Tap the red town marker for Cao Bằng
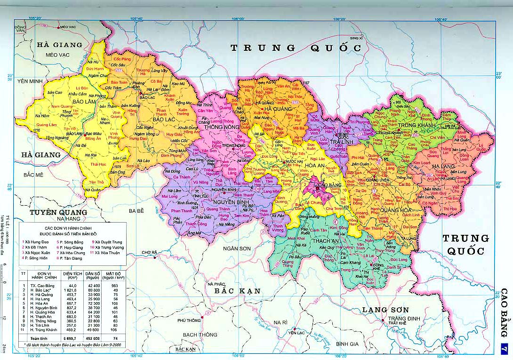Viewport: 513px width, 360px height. point(316,185)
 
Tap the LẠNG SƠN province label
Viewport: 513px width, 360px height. point(385,310)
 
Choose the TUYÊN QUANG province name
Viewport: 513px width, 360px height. point(59,212)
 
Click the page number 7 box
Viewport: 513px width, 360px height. point(504,349)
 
